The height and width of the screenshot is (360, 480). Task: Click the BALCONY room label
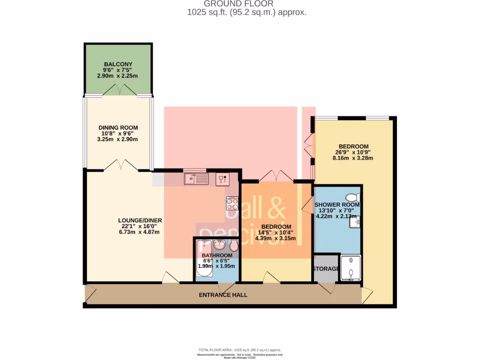pyautogui.click(x=118, y=64)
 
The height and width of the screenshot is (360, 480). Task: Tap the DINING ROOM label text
pyautogui.click(x=118, y=127)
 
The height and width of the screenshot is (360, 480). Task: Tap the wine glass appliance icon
pyautogui.click(x=222, y=178)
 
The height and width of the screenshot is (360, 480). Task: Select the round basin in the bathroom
pyautogui.click(x=219, y=245)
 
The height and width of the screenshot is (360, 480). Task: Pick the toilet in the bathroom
pyautogui.click(x=233, y=246)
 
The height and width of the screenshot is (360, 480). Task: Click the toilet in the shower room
pyautogui.click(x=352, y=197)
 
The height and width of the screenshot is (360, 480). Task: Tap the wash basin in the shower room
pyautogui.click(x=354, y=223)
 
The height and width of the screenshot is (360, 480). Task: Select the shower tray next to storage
pyautogui.click(x=350, y=268)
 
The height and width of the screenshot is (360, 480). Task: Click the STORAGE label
pyautogui.click(x=325, y=269)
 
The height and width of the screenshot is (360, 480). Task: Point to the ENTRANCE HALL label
pyautogui.click(x=223, y=295)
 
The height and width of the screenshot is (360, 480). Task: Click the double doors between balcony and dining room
pyautogui.click(x=118, y=90)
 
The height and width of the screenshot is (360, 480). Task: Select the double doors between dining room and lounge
pyautogui.click(x=118, y=165)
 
